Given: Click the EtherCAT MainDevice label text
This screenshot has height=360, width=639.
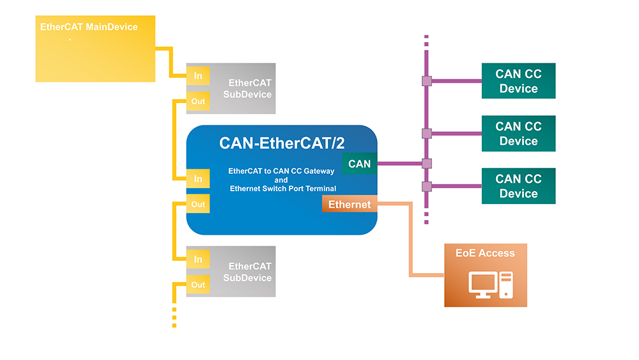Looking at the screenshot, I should [89, 27].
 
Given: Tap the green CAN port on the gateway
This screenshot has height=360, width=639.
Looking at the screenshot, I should [360, 164].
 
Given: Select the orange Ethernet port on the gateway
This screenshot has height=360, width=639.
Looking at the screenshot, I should [349, 205].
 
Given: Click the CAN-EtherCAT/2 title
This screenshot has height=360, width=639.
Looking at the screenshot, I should [281, 143].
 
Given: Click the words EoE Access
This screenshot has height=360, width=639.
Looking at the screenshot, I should [485, 253].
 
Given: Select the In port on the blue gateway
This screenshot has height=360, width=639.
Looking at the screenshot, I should [198, 179].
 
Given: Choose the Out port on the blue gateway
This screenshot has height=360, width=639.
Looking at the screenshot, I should [198, 204].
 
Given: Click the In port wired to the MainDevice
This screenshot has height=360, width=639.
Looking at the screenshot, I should [198, 76].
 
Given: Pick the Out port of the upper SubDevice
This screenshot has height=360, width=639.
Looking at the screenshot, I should [198, 101].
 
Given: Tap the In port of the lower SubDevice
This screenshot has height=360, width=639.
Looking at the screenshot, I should [198, 259].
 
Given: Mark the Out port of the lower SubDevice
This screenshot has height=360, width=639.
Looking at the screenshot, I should [198, 285].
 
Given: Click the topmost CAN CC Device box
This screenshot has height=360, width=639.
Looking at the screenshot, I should [518, 81].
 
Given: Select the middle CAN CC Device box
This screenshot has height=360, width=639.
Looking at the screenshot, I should [518, 134].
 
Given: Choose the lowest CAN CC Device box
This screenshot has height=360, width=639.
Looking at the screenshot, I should [518, 186].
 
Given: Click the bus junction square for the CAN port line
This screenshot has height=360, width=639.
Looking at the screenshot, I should [427, 164].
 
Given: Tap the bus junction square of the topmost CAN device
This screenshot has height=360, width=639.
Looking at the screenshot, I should [427, 81].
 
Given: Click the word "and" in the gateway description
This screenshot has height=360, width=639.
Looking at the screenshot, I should [281, 180].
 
